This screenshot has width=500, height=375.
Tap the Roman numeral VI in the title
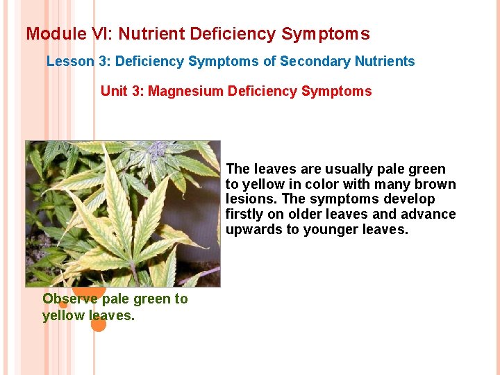coord(95,33)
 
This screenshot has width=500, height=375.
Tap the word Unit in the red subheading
coord(114,91)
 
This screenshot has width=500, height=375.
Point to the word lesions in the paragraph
coord(249,199)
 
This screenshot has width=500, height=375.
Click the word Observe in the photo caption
coord(70,299)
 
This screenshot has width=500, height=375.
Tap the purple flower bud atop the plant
coord(156,147)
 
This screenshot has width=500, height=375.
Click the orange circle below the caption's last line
coord(99,324)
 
